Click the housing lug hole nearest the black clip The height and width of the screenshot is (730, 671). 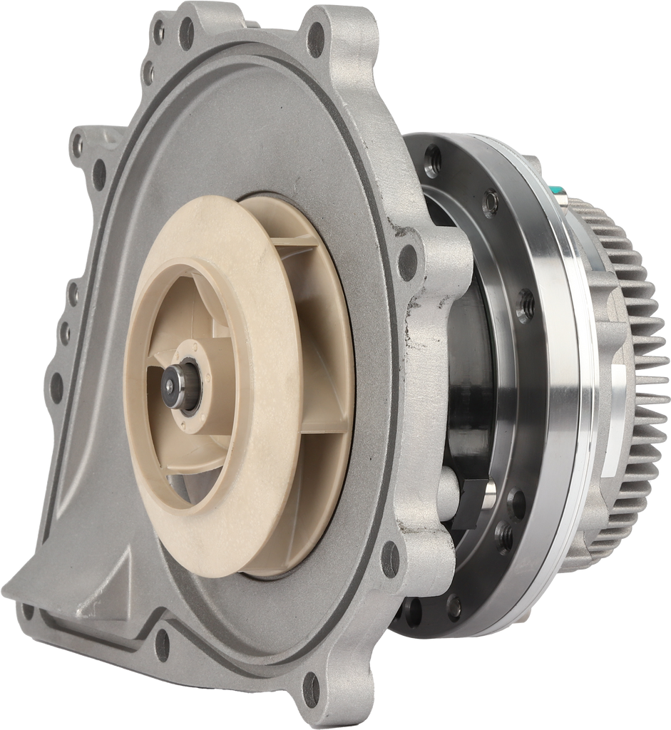390,559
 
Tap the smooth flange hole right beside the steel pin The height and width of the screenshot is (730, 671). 517,504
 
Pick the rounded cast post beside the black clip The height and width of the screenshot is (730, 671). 447,492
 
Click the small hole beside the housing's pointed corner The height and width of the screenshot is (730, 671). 27,611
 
